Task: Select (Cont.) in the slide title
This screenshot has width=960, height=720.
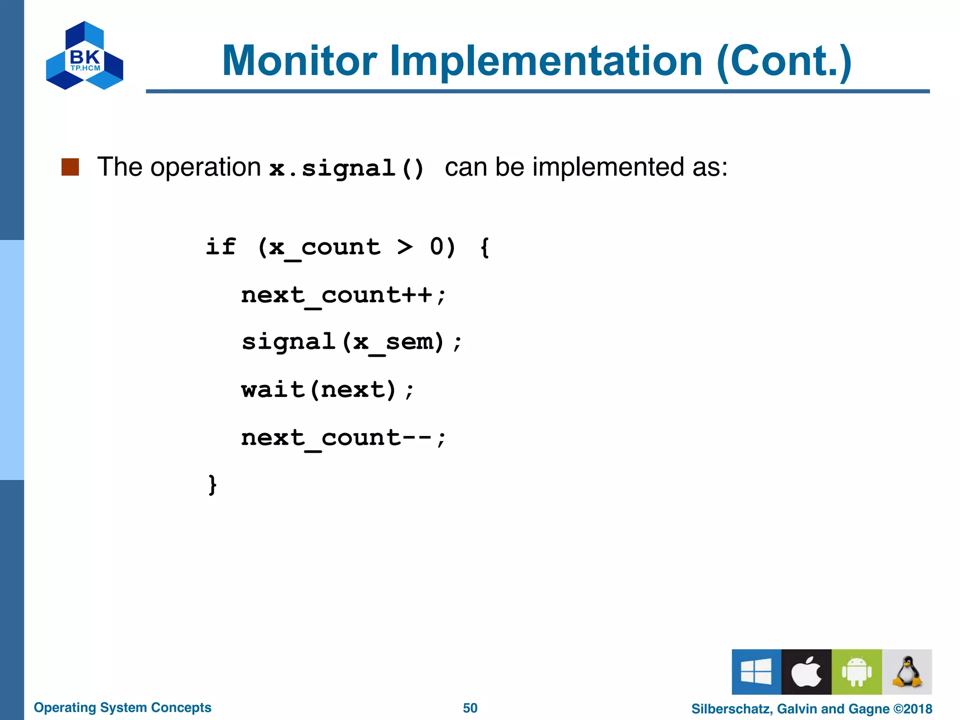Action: (x=783, y=60)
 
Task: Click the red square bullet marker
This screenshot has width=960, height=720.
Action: (x=70, y=167)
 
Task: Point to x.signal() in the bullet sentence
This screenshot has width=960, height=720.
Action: (x=347, y=168)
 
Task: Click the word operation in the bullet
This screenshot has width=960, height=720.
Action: (x=205, y=167)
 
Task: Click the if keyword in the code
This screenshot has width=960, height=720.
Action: (x=221, y=247)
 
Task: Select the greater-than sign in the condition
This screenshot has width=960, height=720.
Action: (x=405, y=247)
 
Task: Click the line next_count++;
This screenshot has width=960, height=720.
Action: (x=343, y=296)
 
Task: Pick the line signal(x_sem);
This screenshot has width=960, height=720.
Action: (x=352, y=342)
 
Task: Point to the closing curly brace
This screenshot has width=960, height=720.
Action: (x=212, y=485)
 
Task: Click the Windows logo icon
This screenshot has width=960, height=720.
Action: (x=756, y=672)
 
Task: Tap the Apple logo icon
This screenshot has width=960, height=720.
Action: (x=806, y=672)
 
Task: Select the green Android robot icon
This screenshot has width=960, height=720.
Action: (x=856, y=672)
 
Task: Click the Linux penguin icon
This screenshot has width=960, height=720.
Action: (x=907, y=672)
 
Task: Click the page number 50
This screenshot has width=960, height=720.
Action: (x=470, y=708)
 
